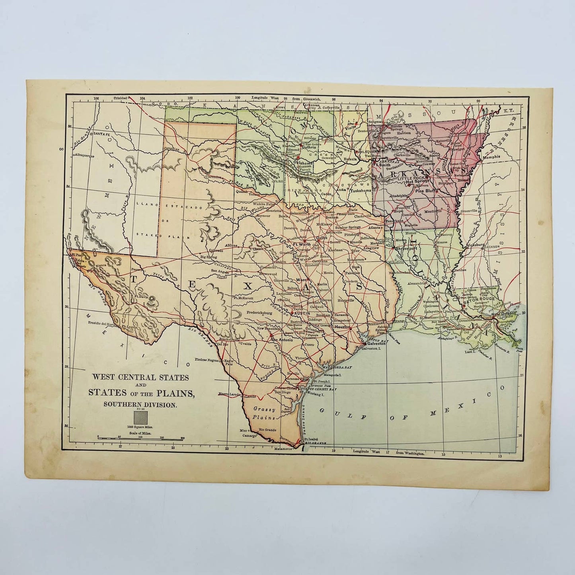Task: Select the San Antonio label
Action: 282,340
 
